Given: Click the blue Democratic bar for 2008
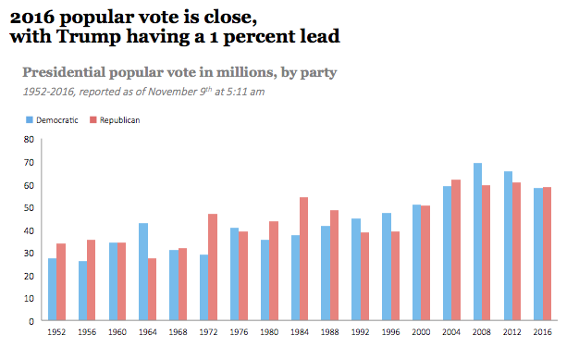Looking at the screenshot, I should tap(477, 242).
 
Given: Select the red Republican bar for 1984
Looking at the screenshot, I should tap(304, 259).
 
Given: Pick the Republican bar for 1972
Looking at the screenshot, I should tap(213, 267).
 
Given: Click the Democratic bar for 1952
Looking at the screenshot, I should tap(53, 290).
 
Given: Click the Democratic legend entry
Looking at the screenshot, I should tap(55, 120).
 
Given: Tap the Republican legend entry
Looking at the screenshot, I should tap(115, 120).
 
